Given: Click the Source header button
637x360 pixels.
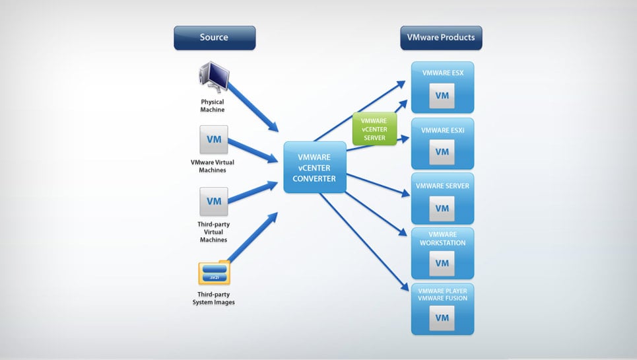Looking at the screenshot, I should tap(214, 38).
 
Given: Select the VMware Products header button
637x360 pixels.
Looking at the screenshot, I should tap(441, 38).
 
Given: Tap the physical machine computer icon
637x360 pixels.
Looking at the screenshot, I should tap(213, 78).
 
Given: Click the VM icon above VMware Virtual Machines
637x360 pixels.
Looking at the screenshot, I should tap(214, 139).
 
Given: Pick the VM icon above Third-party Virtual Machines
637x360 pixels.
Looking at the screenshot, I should tap(214, 201).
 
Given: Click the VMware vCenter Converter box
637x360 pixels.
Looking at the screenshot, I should tap(315, 168).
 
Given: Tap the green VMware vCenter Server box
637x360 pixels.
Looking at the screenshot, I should tap(374, 128).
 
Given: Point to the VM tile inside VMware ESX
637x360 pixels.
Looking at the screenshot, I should tap(442, 96).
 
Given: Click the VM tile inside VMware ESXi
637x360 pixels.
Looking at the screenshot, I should tap(442, 151).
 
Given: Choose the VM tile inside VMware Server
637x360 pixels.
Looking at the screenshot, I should tap(442, 207).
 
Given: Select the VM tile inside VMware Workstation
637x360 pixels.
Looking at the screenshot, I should tap(442, 263).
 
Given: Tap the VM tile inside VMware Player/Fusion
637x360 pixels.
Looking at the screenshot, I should tap(442, 318).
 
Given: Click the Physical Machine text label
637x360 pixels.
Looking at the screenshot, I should tap(213, 106).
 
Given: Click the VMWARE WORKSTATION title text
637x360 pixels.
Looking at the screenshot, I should tap(442, 238).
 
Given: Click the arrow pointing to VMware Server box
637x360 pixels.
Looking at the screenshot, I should tap(376, 185).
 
